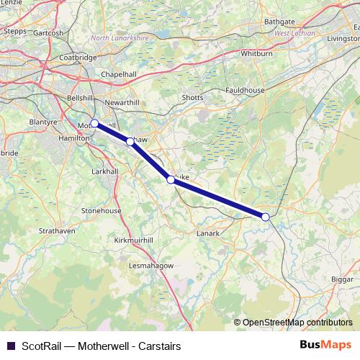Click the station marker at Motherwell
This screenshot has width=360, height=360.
tap(94, 123)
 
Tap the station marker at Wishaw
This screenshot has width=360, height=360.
tap(130, 142)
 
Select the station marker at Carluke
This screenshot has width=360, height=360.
tap(171, 180)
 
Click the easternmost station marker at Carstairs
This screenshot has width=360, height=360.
tap(266, 217)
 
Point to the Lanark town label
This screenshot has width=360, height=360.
tap(207, 234)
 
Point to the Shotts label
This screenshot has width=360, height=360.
tap(193, 98)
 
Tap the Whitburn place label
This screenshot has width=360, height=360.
tap(257, 53)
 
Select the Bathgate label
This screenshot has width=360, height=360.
tap(280, 22)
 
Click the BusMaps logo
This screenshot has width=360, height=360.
tap(326, 345)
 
